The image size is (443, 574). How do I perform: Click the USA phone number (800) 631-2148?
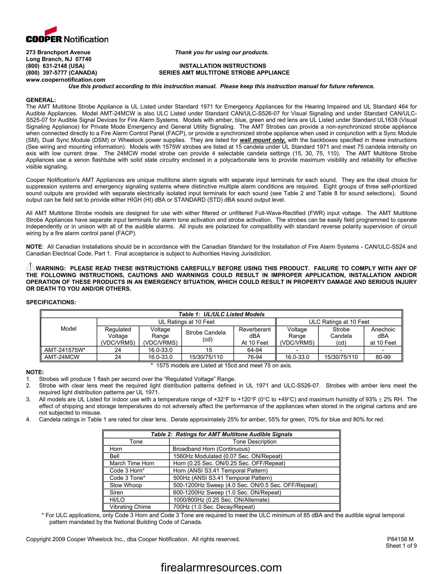tap(55, 66)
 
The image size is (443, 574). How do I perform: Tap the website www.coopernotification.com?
tap(65, 80)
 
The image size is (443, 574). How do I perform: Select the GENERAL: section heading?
tap(41, 100)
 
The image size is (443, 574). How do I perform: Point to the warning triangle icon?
tap(30, 266)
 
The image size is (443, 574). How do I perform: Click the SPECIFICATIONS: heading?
tap(51, 302)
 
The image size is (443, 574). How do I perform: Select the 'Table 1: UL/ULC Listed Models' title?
tap(221, 314)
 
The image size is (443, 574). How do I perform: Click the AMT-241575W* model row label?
tap(65, 350)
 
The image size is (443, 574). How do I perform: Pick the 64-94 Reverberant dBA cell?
tap(254, 350)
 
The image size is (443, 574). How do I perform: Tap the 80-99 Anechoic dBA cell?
tap(383, 357)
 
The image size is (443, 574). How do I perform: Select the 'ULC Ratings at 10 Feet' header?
tap(339, 322)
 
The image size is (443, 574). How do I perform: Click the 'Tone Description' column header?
tap(254, 441)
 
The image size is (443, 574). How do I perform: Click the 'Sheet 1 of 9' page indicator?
tap(401, 546)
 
